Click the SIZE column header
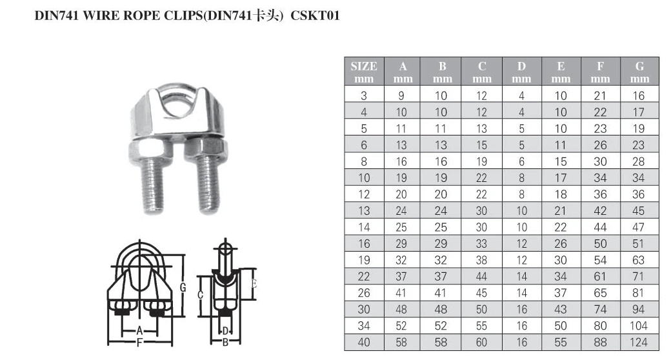[x=364, y=72]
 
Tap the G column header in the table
[x=639, y=72]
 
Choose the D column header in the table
[x=521, y=72]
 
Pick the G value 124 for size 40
[x=639, y=342]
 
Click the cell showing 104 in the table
[x=639, y=326]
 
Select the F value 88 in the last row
[x=600, y=342]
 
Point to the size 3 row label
[x=364, y=95]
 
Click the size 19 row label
[x=364, y=260]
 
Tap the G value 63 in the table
[x=639, y=260]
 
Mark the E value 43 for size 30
[x=561, y=309]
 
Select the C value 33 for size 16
[x=482, y=244]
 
